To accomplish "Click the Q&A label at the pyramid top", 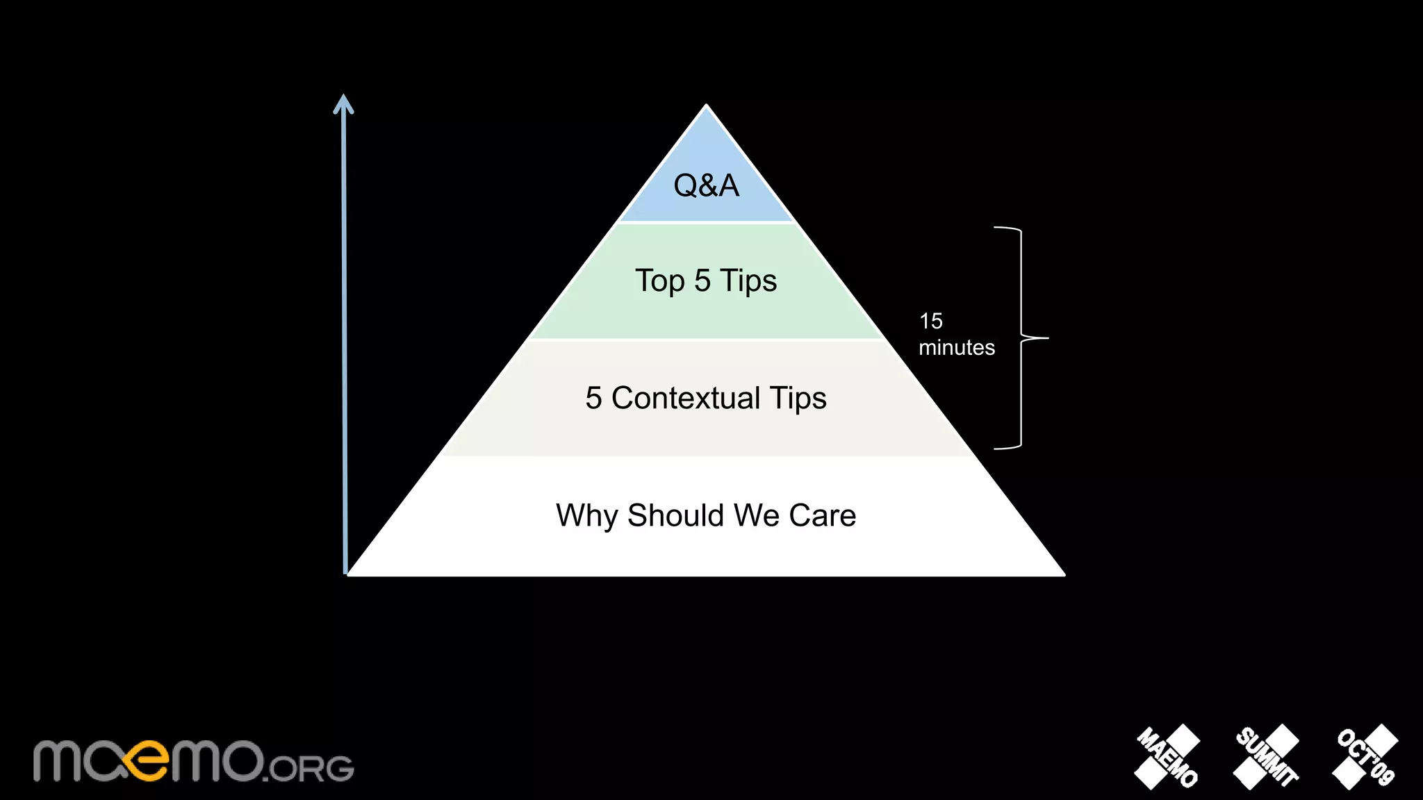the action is point(706,185).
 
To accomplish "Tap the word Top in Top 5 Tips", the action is point(659,281).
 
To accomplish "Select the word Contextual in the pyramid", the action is point(685,398).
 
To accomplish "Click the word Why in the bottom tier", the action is point(586,516).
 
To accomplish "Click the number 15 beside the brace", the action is point(930,321).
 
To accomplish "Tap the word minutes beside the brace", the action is point(956,347).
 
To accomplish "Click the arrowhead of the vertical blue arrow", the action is point(343,104).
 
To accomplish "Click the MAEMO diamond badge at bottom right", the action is point(1167,757).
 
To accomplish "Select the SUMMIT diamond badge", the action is point(1266,757).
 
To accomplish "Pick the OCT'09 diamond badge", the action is point(1365,757).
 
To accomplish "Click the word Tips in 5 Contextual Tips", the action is point(798,398).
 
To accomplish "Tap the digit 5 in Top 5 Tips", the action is point(702,281).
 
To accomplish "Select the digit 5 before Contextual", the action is point(593,398).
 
